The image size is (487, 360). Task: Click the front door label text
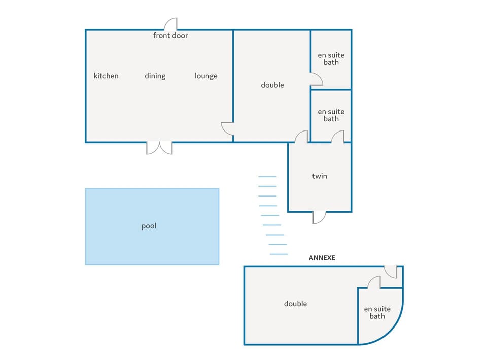(170, 36)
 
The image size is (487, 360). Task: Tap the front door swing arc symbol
(171, 24)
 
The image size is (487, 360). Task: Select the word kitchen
(106, 76)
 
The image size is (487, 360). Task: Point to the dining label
(155, 76)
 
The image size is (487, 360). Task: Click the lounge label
(206, 76)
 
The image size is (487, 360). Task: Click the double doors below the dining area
(159, 148)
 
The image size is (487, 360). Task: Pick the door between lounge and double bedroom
(227, 128)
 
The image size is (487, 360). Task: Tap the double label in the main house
(272, 85)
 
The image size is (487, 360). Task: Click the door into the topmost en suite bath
(317, 79)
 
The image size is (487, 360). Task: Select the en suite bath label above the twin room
(331, 115)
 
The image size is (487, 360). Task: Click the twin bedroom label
(319, 176)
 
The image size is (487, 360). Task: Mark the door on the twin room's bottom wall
(319, 217)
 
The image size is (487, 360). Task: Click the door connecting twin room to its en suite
(338, 137)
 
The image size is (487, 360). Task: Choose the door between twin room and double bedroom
(301, 137)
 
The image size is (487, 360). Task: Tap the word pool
(149, 226)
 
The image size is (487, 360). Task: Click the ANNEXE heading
(322, 258)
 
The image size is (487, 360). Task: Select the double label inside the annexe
(295, 304)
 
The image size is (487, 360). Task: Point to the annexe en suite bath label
(377, 312)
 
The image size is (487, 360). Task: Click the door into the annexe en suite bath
(374, 282)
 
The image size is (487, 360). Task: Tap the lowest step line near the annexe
(279, 254)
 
